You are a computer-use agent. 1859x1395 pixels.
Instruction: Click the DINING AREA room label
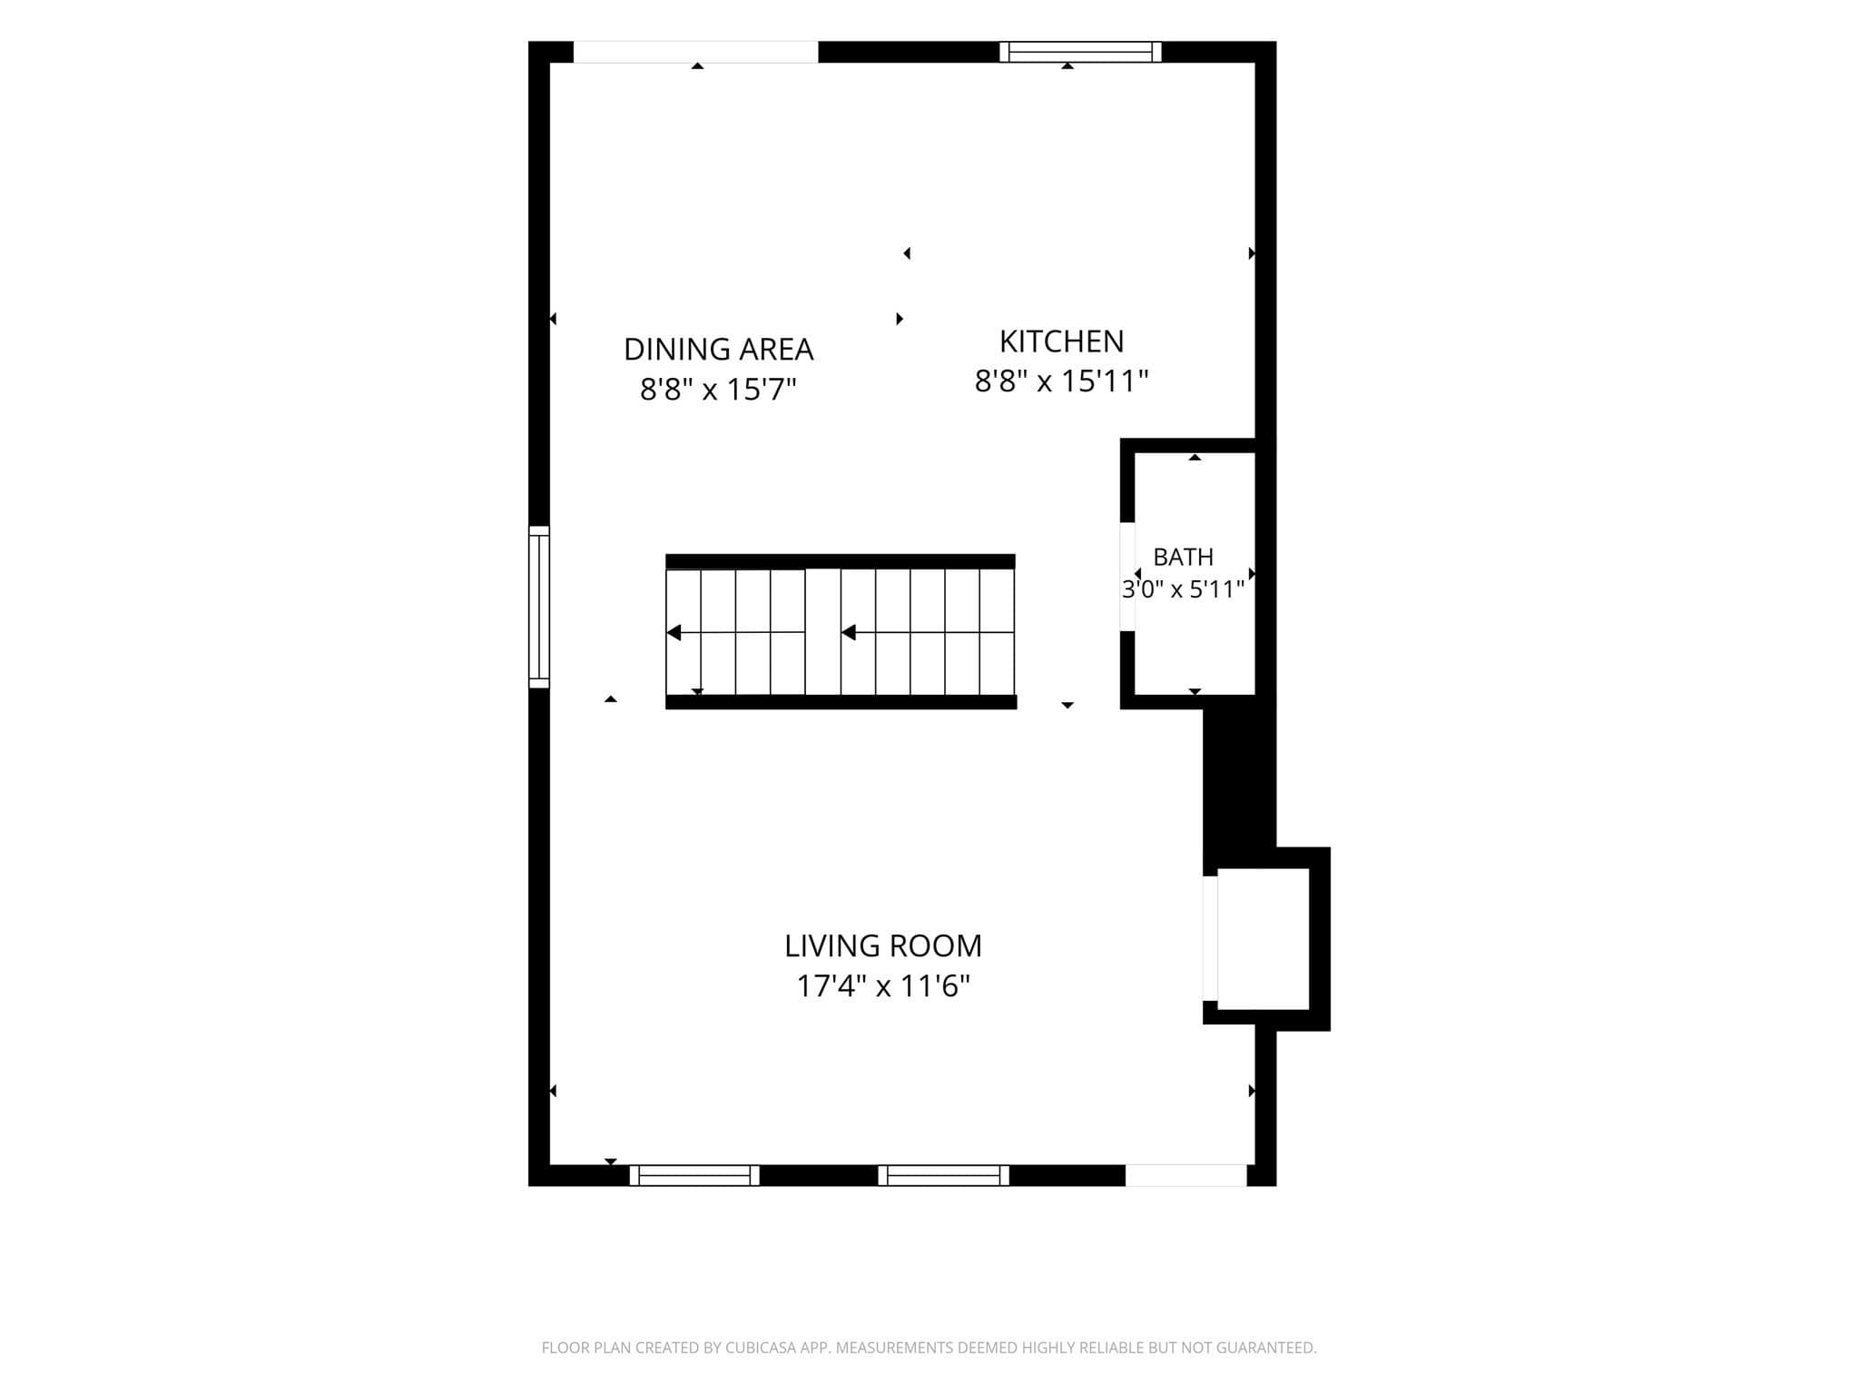pos(718,349)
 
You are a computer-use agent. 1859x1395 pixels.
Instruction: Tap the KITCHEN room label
pos(1061,341)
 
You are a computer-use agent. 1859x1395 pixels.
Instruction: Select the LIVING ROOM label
pos(883,946)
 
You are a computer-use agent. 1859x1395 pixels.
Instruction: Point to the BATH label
pos(1183,557)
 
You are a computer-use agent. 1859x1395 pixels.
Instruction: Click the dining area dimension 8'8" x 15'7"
pos(718,390)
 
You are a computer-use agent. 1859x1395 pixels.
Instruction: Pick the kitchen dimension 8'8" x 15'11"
pos(1061,381)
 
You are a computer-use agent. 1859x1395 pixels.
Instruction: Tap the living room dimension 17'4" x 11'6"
pos(883,986)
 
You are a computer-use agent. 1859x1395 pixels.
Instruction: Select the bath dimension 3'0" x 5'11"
pos(1183,589)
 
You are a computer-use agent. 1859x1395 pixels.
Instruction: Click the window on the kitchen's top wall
pos(1080,52)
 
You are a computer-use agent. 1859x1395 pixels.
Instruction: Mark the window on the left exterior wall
pos(539,607)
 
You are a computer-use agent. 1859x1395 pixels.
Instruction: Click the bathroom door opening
pos(1127,577)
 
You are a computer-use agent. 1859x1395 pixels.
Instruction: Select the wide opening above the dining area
pos(696,52)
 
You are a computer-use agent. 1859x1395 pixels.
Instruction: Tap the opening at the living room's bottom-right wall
pos(1186,1175)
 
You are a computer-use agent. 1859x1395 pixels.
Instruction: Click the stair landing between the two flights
pos(822,632)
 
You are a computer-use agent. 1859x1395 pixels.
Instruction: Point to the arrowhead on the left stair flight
pos(674,632)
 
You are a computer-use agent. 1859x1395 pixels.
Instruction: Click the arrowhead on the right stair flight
pos(849,632)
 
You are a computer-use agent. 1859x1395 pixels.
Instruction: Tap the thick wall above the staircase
pos(841,561)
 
